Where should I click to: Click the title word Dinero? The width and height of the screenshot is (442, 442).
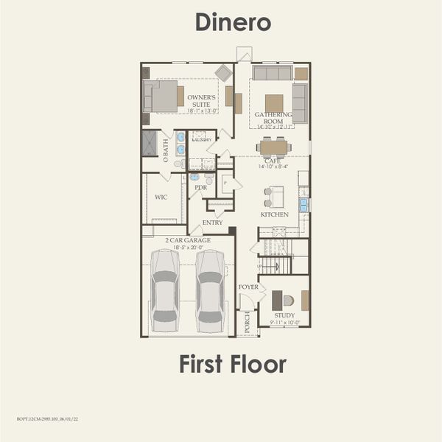233,22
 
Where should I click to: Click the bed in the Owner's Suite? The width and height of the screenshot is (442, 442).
164,96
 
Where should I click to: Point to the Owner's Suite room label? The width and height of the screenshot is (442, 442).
201,101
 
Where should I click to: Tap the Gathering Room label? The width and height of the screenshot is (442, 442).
273,118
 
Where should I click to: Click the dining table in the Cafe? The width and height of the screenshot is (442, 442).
274,147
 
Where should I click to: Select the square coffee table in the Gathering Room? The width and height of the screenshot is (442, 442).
274,102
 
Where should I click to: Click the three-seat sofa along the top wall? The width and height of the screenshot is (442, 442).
272,73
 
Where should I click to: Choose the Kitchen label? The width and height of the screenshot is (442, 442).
274,214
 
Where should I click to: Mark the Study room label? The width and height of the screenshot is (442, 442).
284,315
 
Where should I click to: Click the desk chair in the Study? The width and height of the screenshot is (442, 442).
288,301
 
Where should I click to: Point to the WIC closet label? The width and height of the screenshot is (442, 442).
161,198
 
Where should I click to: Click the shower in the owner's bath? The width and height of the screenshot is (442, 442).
150,143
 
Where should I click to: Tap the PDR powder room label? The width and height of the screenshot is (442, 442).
200,188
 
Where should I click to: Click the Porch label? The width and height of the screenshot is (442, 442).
248,323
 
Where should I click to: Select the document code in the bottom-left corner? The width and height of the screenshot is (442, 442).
47,418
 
